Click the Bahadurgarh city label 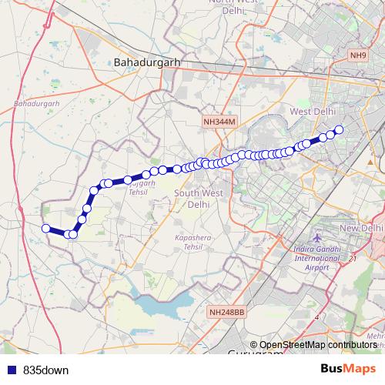pos(142,61)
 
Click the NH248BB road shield pos(226,312)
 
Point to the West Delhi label pos(313,112)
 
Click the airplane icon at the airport pos(318,237)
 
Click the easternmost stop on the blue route pos(338,129)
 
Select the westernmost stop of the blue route pos(46,228)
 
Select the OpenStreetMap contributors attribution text pos(317,345)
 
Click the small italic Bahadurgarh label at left pos(36,102)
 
